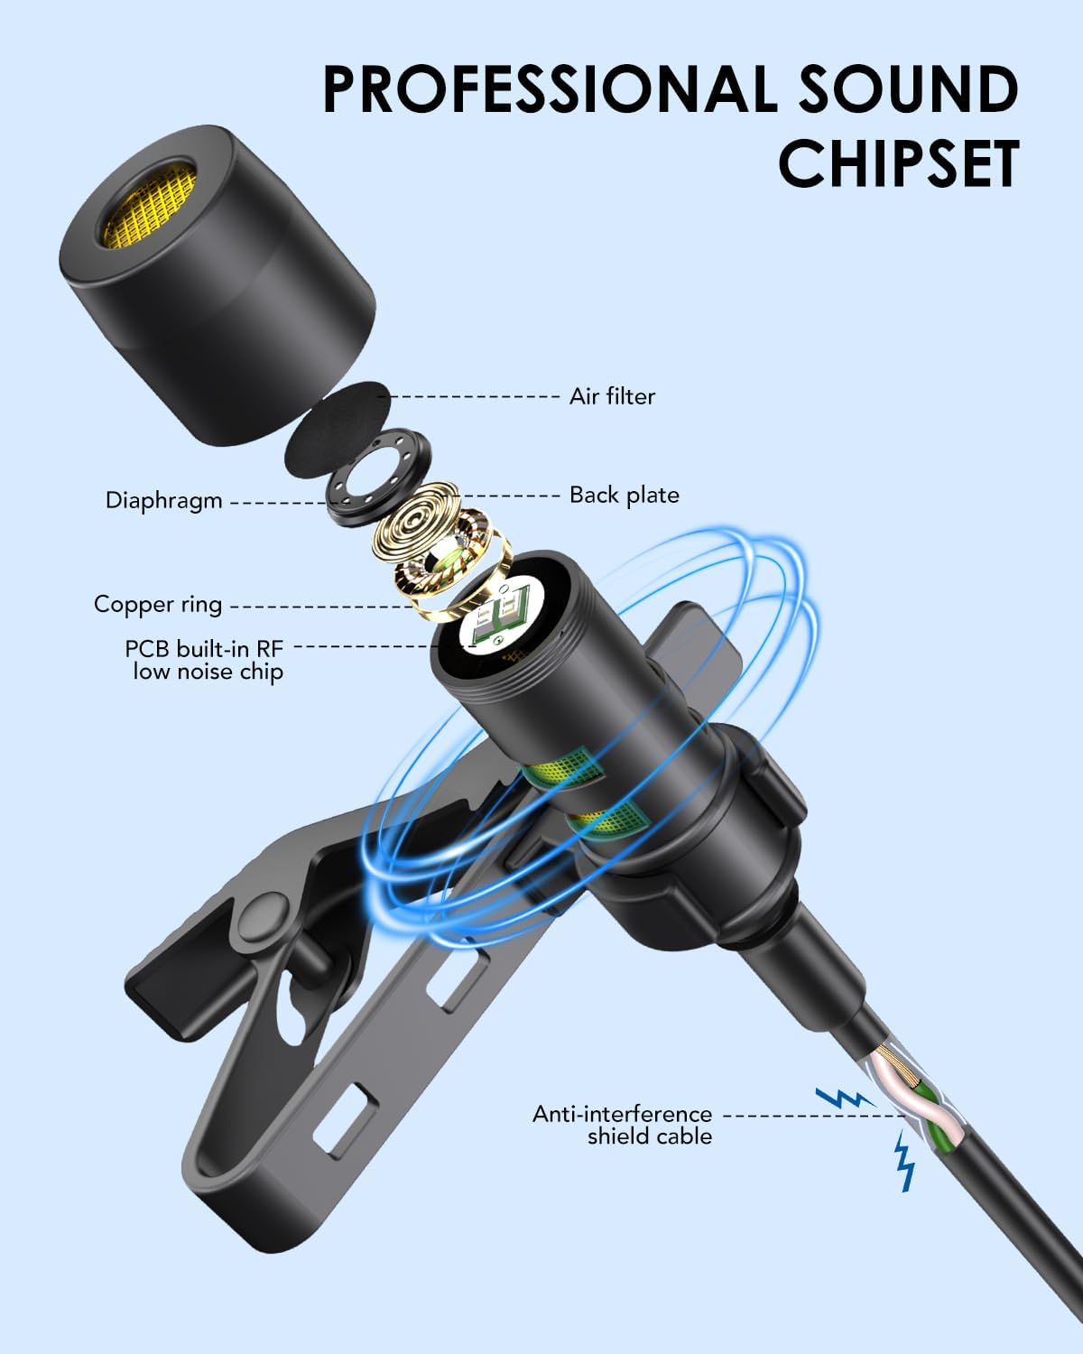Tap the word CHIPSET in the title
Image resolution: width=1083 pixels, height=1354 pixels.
pos(899,163)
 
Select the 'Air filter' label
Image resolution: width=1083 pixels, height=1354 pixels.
pos(612,397)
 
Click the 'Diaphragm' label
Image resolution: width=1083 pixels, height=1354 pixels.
pos(163,502)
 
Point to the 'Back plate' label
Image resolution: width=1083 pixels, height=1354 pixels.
pos(625,496)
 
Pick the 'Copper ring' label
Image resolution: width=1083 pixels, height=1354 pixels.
pos(158,605)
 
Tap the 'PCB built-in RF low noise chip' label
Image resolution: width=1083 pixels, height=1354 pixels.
pos(205,660)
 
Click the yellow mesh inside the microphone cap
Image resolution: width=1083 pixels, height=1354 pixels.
pos(151,204)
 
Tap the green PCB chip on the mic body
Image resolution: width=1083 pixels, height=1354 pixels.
pos(503,616)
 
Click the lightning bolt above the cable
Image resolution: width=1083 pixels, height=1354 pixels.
pos(845,1098)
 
